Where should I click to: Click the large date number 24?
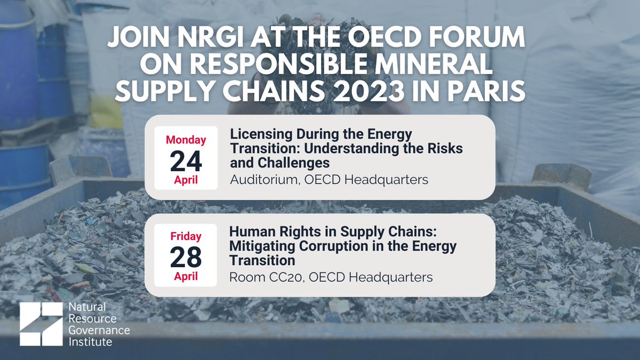(x=186, y=159)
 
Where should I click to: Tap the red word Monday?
(x=186, y=140)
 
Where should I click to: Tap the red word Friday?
(x=186, y=236)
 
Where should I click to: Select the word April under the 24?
(x=186, y=180)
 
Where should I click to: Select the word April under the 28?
(x=186, y=277)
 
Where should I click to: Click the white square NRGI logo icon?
(x=41, y=324)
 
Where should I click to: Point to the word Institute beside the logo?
(x=90, y=341)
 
